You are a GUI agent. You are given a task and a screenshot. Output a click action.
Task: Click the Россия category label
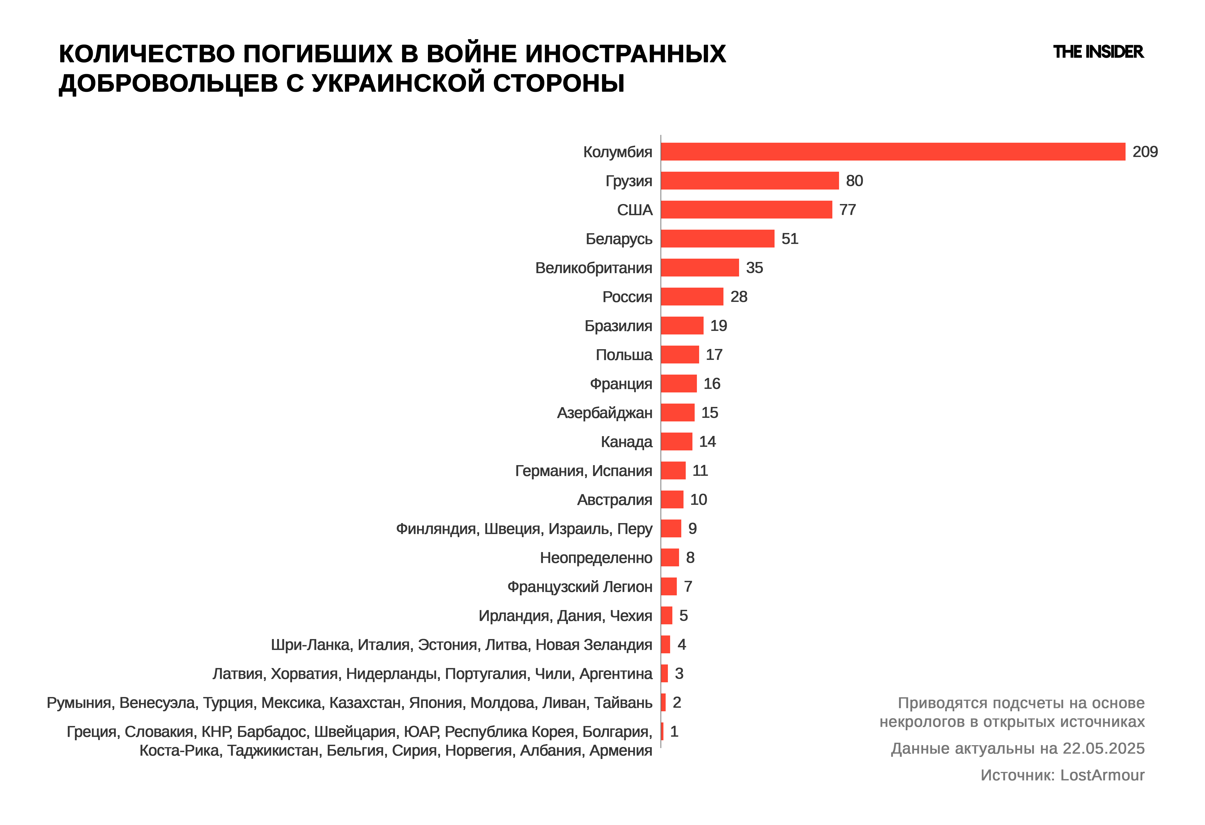627,297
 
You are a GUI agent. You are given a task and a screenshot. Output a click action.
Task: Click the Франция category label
621,384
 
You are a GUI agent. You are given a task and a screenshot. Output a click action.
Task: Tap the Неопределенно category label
596,558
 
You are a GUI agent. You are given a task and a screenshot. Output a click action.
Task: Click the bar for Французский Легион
668,587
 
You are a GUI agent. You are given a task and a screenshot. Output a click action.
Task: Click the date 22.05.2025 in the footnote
1103,749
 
